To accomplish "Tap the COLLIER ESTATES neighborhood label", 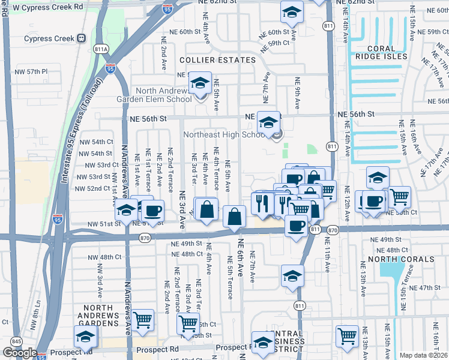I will pyautogui.click(x=217, y=60).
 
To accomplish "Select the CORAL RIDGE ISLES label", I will pyautogui.click(x=380, y=52).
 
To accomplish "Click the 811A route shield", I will pyautogui.click(x=101, y=48).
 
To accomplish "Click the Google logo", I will pyautogui.click(x=20, y=353).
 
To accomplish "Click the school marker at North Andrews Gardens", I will pyautogui.click(x=85, y=337).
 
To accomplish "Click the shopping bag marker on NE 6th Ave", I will pyautogui.click(x=235, y=216).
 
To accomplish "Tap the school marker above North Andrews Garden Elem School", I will pyautogui.click(x=200, y=83).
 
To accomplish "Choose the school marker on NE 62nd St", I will pyautogui.click(x=292, y=11).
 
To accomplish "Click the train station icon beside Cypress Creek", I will pyautogui.click(x=81, y=38).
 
